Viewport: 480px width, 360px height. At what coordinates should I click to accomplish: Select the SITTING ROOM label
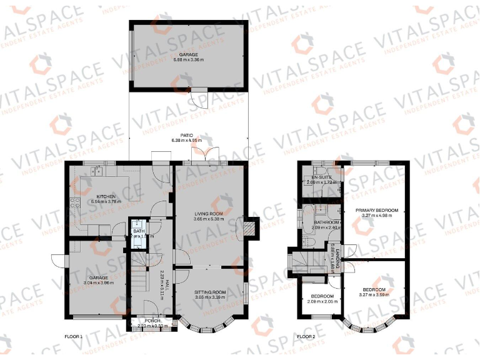pyautogui.click(x=209, y=292)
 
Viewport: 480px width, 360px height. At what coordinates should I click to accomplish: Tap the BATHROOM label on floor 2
pyautogui.click(x=326, y=222)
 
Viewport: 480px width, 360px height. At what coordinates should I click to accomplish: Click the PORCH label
pyautogui.click(x=152, y=321)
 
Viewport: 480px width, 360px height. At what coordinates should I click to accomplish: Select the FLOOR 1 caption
pyautogui.click(x=73, y=337)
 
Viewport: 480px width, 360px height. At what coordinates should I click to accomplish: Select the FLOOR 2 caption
pyautogui.click(x=306, y=337)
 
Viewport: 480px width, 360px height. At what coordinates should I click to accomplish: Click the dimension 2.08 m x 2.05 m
pyautogui.click(x=322, y=301)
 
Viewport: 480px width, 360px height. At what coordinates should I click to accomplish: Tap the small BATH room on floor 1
pyautogui.click(x=138, y=233)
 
